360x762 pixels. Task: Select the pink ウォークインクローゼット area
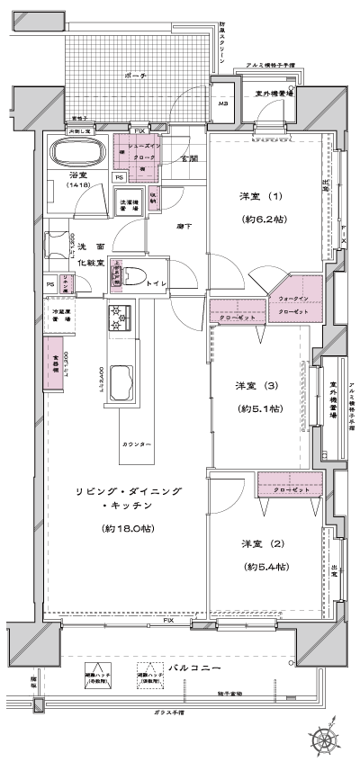coord(293,304)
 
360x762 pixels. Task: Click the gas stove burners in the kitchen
coord(120,318)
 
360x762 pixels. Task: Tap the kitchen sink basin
coord(121,389)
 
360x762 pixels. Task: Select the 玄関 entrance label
coord(189,158)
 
